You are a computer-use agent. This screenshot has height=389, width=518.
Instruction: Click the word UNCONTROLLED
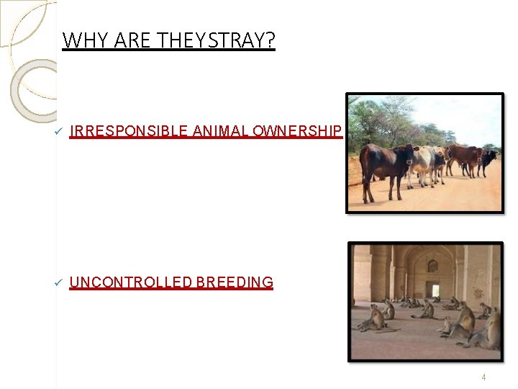130,282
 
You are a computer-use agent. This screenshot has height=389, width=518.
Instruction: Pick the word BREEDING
234,282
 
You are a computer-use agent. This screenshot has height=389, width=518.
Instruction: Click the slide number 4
483,377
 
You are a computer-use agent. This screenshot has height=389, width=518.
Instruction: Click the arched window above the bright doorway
432,266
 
